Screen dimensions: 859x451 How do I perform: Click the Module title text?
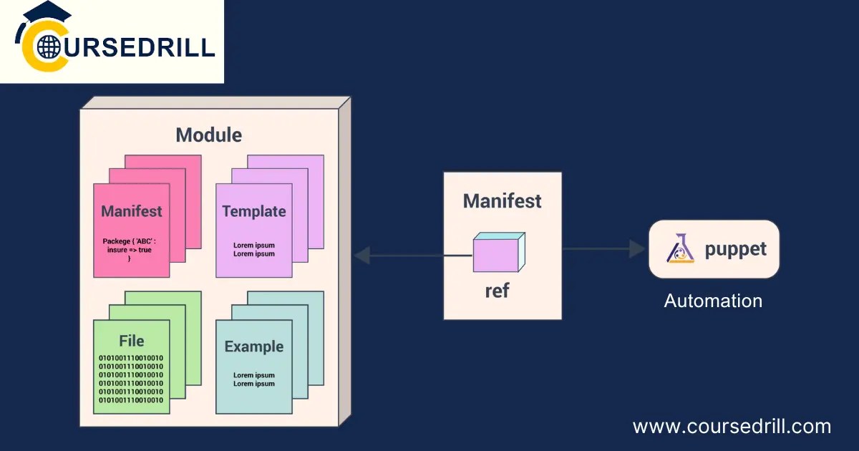click(x=209, y=135)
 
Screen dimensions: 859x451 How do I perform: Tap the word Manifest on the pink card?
click(x=132, y=211)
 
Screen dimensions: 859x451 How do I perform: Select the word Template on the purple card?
click(x=254, y=211)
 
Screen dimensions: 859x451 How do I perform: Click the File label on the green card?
click(x=132, y=341)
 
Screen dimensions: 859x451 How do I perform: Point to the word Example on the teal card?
click(x=254, y=346)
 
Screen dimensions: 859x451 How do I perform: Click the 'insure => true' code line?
click(x=130, y=250)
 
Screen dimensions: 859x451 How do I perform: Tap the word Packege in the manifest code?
click(x=117, y=241)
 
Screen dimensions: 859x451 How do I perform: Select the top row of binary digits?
click(x=131, y=358)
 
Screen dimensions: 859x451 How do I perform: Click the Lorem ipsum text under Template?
click(x=254, y=249)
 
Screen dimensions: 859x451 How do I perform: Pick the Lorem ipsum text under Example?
click(x=254, y=379)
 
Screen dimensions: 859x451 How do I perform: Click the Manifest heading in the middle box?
click(x=503, y=201)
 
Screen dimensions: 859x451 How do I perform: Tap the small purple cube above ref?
click(x=499, y=252)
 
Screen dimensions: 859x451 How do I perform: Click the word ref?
click(x=497, y=291)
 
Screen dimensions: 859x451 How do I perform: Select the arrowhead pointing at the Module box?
click(x=361, y=255)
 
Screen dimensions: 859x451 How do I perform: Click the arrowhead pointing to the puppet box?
click(x=637, y=249)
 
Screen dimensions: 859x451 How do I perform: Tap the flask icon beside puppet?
click(x=680, y=248)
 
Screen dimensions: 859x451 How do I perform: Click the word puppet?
click(x=736, y=250)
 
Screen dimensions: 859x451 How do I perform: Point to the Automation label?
click(x=713, y=301)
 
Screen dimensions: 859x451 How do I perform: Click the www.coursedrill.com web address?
click(x=732, y=427)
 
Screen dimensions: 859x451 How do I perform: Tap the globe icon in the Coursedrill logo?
click(x=49, y=47)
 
